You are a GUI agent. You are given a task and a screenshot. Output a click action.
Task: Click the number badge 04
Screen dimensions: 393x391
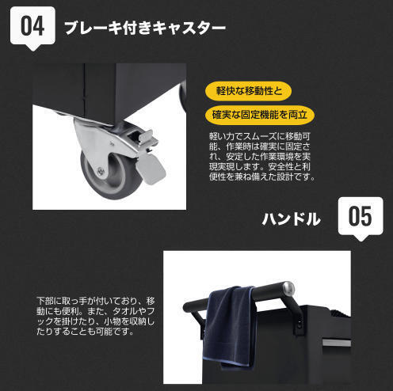coord(32,28)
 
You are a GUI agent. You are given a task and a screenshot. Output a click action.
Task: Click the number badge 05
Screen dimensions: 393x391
coord(361,218)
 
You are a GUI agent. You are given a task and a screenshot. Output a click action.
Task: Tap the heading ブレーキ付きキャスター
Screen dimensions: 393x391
coord(145,28)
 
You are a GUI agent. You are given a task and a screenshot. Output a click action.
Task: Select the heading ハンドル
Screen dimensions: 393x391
coord(291,219)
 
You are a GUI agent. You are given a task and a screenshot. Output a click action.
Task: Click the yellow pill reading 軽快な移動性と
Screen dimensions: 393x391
coord(248,91)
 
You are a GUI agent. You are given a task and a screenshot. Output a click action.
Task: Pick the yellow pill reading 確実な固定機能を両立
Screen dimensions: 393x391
coord(260,115)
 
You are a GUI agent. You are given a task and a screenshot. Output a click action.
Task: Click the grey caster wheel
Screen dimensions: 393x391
coord(110,175)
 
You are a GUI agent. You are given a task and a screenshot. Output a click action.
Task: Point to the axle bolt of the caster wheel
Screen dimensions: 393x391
coord(101,172)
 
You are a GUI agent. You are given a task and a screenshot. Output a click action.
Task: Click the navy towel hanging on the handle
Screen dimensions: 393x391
coord(228,327)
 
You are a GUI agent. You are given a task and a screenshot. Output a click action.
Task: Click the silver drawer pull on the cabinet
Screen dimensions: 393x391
coord(336,343)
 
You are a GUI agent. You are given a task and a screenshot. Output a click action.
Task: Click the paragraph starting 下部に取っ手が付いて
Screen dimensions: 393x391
coord(96,316)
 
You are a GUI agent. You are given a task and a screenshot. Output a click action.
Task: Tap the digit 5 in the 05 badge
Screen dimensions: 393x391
coord(365,216)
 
